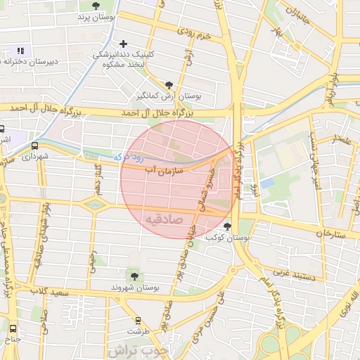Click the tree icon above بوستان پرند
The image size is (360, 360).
95,7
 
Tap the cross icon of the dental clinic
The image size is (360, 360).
124,44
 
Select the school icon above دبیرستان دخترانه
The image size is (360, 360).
20,51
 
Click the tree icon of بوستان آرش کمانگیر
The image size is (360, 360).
168,84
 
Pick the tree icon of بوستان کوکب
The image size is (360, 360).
227,226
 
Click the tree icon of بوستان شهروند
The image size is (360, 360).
134,276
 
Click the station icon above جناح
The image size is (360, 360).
13,328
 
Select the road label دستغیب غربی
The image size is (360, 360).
291,271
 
